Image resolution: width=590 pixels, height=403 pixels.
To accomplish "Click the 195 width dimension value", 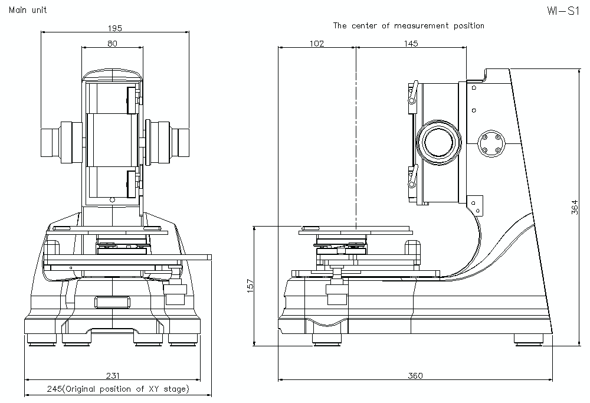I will (115, 28).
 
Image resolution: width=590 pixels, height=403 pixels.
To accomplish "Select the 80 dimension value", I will (112, 43).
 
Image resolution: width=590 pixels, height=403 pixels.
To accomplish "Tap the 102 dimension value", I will (317, 43).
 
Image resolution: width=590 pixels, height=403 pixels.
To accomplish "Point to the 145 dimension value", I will (411, 43).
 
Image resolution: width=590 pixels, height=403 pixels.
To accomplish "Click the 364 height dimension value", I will (576, 207).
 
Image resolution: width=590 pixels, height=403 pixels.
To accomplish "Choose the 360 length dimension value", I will (416, 375).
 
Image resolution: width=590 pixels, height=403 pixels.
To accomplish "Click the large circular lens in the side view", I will (438, 143).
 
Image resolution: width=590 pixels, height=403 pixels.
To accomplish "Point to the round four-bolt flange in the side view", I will (491, 143).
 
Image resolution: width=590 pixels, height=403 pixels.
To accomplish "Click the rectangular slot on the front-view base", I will (112, 302).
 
